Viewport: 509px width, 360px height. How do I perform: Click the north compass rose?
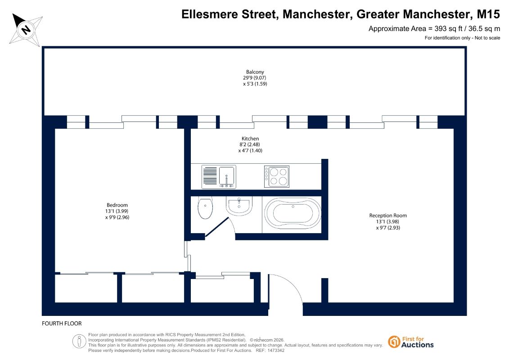pyautogui.click(x=26, y=30)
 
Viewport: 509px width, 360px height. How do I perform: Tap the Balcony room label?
pyautogui.click(x=255, y=72)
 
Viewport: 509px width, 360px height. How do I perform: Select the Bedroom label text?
pyautogui.click(x=117, y=205)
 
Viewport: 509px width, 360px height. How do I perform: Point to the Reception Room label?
pyautogui.click(x=388, y=216)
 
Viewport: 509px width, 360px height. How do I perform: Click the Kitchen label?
pyautogui.click(x=250, y=139)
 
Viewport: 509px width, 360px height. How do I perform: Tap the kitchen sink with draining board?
pyautogui.click(x=219, y=177)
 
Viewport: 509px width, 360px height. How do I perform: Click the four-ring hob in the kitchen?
pyautogui.click(x=277, y=176)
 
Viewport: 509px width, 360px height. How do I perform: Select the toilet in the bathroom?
pyautogui.click(x=205, y=208)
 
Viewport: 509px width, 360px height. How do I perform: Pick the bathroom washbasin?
pyautogui.click(x=239, y=206)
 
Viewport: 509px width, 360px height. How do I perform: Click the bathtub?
pyautogui.click(x=293, y=213)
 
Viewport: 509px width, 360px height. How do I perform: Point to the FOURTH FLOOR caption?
pyautogui.click(x=62, y=323)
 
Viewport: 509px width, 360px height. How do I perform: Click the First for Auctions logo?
pyautogui.click(x=411, y=342)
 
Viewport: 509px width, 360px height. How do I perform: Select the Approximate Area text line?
pyautogui.click(x=434, y=28)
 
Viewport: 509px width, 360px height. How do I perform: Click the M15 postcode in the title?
pyautogui.click(x=488, y=14)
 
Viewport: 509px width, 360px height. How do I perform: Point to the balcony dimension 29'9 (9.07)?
pyautogui.click(x=255, y=78)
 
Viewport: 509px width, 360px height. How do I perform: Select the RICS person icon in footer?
pyautogui.click(x=79, y=342)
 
